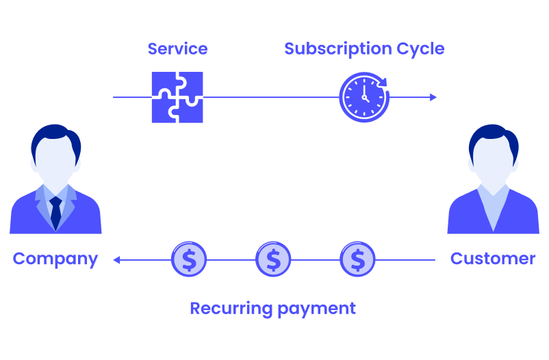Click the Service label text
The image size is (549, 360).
pyautogui.click(x=177, y=49)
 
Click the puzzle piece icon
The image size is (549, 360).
pyautogui.click(x=177, y=97)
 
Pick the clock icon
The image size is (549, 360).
pyautogui.click(x=363, y=97)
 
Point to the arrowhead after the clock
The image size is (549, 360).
pyautogui.click(x=433, y=97)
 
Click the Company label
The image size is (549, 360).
pyautogui.click(x=55, y=259)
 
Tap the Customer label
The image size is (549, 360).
pyautogui.click(x=493, y=259)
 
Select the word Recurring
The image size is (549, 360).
pyautogui.click(x=231, y=309)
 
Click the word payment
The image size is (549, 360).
pyautogui.click(x=316, y=309)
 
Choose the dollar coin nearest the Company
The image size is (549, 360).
pyautogui.click(x=189, y=259)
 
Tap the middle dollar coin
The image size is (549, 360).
pyautogui.click(x=273, y=259)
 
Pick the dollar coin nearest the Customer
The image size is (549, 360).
pyautogui.click(x=357, y=259)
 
